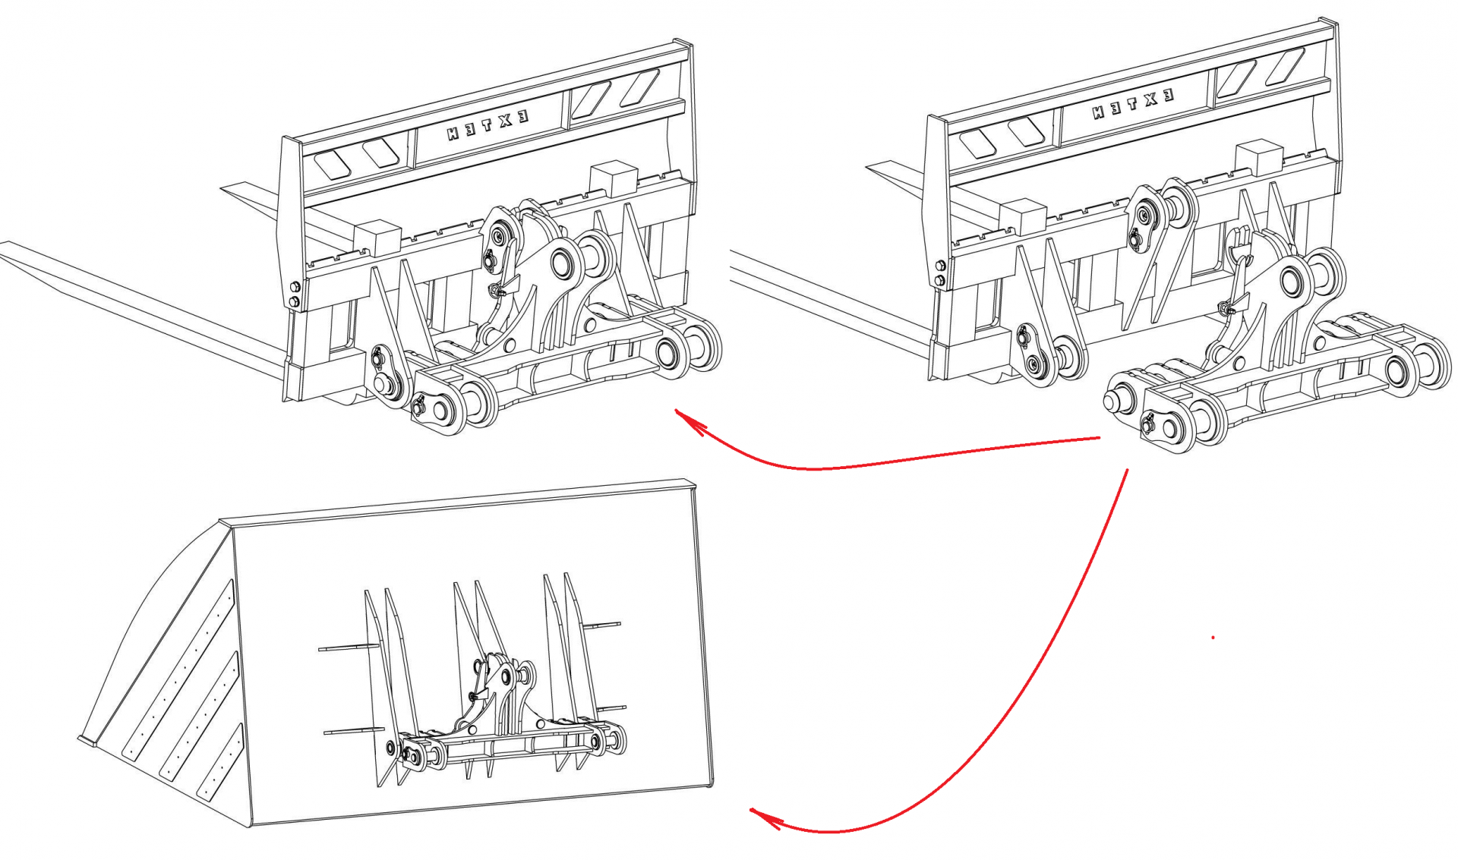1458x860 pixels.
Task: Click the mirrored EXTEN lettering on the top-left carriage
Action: [x=487, y=124]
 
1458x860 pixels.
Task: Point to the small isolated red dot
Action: [x=1213, y=638]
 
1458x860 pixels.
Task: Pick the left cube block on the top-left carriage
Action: [x=377, y=238]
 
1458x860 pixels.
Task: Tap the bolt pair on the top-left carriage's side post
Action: [x=295, y=295]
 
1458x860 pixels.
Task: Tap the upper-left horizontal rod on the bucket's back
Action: [x=349, y=647]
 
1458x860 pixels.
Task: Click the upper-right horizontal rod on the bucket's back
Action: [x=601, y=625]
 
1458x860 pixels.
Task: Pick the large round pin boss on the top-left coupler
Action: [x=563, y=264]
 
